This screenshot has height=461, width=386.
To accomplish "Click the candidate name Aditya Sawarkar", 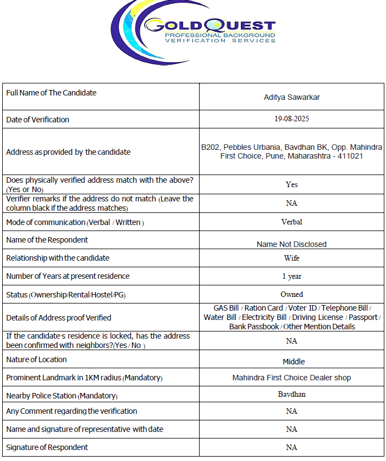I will click(291, 97).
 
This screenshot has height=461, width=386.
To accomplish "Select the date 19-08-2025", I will click(291, 119).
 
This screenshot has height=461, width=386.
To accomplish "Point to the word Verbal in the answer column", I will click(291, 222).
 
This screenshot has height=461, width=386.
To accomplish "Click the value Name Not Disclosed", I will click(291, 244).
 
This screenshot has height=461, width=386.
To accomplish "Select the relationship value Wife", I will click(291, 257).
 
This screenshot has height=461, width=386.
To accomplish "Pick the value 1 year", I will click(291, 276).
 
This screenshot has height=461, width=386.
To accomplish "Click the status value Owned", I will click(291, 294).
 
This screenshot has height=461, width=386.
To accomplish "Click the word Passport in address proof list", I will click(363, 317).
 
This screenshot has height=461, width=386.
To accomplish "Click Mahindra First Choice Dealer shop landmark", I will click(291, 378).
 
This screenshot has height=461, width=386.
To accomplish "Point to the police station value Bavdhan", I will click(291, 394).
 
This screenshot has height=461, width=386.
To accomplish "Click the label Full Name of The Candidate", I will click(51, 93).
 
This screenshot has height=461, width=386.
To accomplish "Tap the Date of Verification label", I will click(37, 119).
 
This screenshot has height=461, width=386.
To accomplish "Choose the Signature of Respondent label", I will click(47, 447).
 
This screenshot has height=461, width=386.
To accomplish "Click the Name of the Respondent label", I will click(47, 240).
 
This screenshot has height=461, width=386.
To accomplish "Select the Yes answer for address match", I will click(291, 184).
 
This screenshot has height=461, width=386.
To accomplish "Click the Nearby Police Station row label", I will click(62, 396).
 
